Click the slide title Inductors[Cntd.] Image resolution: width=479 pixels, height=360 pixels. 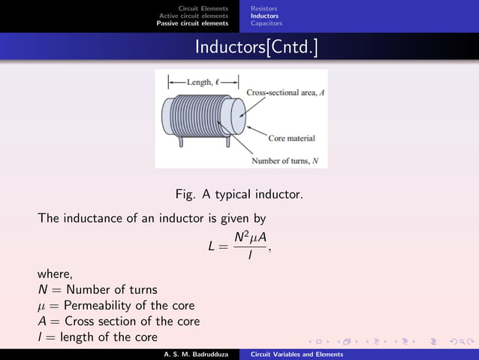pos(256,47)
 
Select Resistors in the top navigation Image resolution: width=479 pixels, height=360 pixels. pos(264,8)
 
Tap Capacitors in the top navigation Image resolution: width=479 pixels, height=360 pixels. pos(267,23)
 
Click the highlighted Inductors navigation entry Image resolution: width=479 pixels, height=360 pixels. pos(264,16)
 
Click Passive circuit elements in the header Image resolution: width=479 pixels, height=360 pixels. pos(192,23)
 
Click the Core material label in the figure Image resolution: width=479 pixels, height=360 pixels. pos(291,138)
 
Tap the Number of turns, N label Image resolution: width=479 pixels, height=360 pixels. pos(285,161)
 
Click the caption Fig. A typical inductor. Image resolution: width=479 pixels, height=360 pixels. pos(239,194)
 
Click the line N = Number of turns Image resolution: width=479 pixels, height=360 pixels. pos(98,289)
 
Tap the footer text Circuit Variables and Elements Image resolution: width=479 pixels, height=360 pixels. pos(297,354)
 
